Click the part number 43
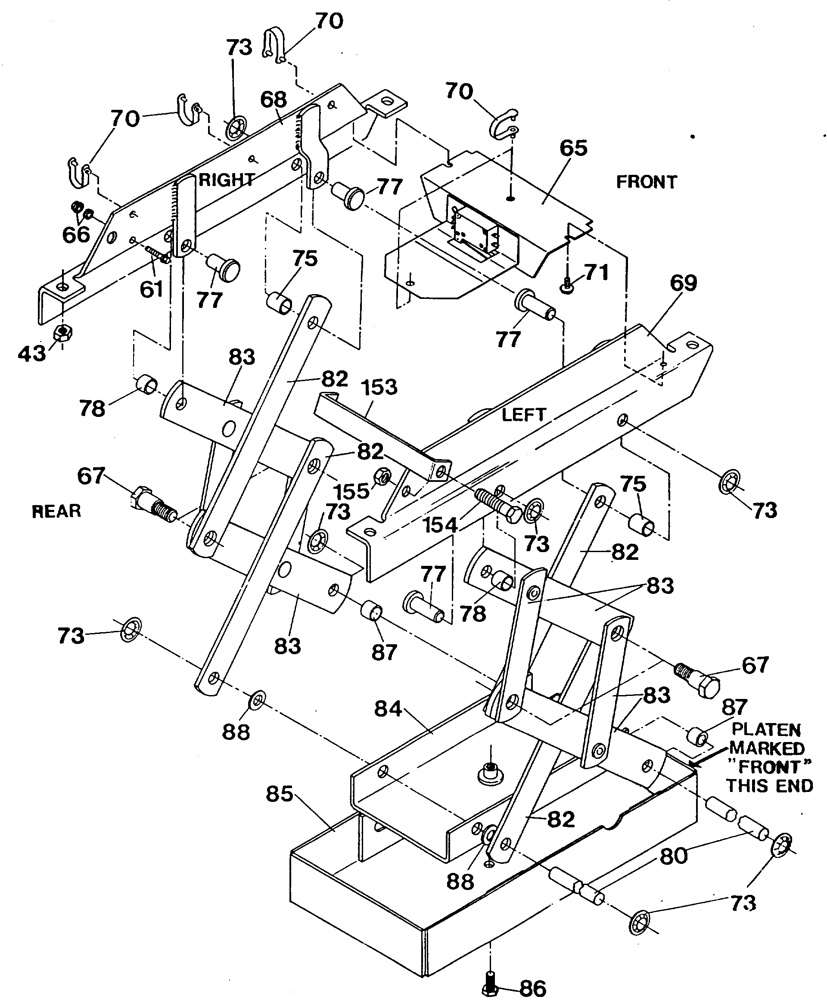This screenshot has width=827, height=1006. pos(31,354)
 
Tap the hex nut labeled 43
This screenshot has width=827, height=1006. pos(62,332)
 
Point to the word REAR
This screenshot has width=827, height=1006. pos(56,511)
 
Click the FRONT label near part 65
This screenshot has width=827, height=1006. pos(646,182)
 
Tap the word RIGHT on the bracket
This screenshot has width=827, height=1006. pos(226,180)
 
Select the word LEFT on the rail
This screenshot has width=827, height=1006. pos(523,415)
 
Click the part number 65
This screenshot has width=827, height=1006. pos(573,148)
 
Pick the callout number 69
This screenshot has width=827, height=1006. pos(683,283)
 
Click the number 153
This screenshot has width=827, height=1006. pos(379,387)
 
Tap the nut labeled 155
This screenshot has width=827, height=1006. pos(382,475)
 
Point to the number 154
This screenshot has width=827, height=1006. pos(440,525)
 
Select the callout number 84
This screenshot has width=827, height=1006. pos(388,709)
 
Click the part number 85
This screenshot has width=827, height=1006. pos(279,794)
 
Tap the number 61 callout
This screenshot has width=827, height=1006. pos(152,289)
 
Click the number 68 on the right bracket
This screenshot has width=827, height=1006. pos(274,99)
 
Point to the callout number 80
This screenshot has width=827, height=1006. pos(674,855)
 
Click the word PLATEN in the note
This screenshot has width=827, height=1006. pos(766,730)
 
